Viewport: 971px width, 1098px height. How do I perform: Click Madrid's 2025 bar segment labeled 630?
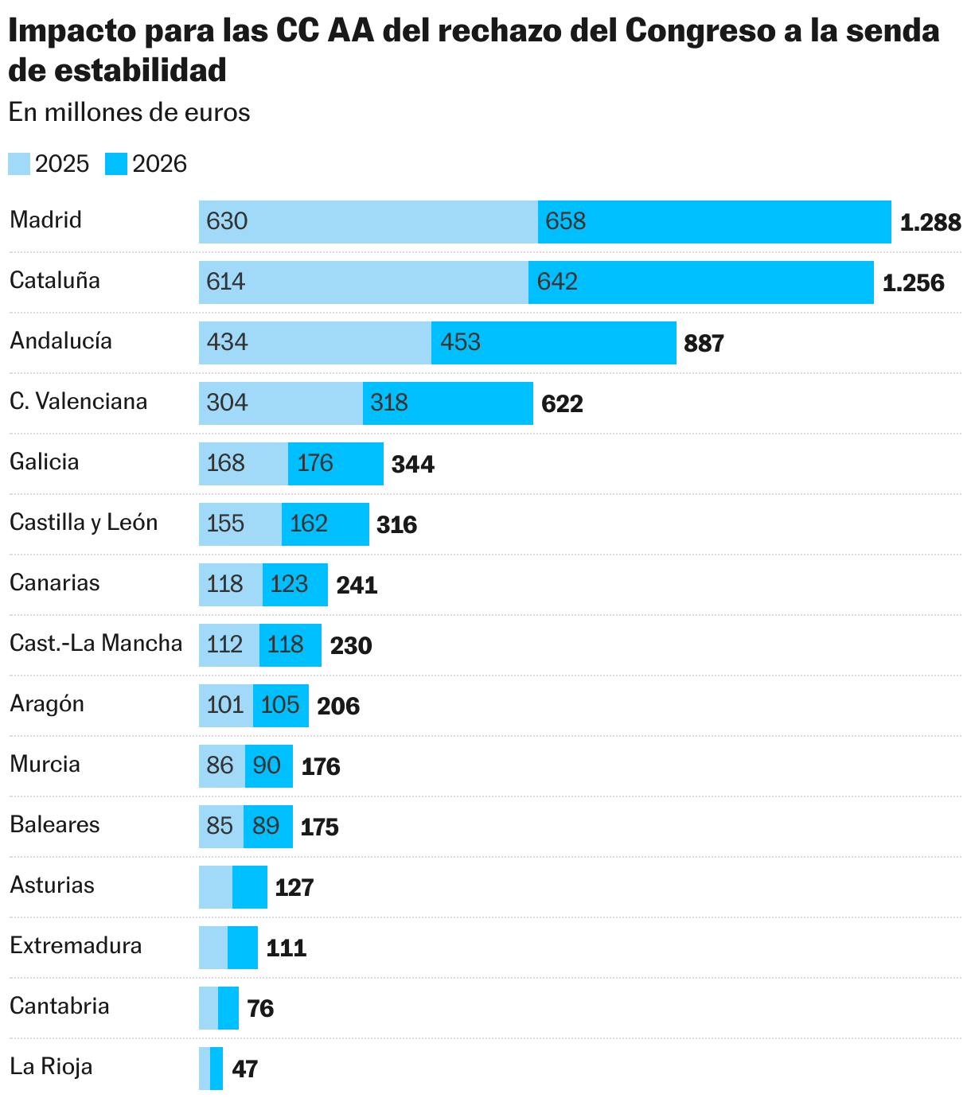368,221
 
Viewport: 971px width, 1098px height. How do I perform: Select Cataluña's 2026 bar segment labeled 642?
700,282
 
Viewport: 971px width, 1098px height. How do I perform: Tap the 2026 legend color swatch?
116,164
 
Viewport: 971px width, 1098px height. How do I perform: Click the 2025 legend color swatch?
19,164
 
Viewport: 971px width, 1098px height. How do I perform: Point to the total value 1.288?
930,223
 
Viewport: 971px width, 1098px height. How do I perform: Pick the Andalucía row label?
60,341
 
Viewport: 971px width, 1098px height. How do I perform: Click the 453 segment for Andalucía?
553,342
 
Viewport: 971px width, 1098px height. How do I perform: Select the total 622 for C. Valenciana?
562,404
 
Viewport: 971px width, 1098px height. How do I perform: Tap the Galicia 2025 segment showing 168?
243,463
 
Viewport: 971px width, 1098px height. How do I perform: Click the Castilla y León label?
84,523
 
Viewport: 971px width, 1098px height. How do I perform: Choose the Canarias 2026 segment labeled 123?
294,584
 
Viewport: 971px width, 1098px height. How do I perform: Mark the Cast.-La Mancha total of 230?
351,645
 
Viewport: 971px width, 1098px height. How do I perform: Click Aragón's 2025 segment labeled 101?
225,705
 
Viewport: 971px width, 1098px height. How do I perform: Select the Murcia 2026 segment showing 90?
268,765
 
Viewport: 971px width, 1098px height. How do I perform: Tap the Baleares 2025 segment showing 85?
220,826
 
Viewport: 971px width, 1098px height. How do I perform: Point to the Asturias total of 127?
294,887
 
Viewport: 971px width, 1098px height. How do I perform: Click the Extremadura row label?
76,946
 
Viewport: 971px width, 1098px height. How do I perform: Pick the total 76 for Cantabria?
260,1009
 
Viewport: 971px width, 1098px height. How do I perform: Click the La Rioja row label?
51,1067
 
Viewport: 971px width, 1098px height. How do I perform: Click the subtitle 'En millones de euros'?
129,113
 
